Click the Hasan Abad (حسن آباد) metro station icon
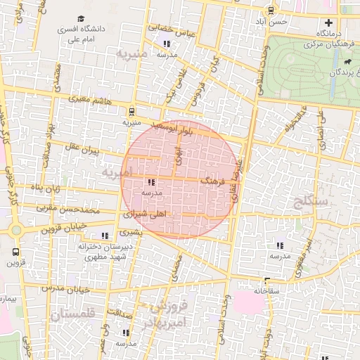[271, 10]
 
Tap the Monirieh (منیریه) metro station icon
[131, 110]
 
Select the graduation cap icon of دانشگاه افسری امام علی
[81, 18]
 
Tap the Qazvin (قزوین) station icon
[16, 251]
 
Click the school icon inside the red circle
[153, 182]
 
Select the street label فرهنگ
[212, 181]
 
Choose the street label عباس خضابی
[169, 28]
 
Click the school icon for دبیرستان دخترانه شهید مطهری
[105, 236]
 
